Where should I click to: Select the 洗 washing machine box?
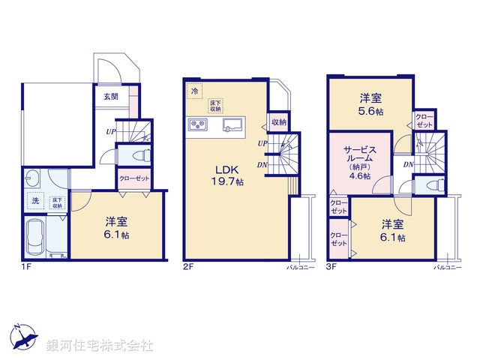[x=35, y=201]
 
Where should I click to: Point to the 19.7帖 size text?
[x=229, y=182]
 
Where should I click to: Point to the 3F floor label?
[x=332, y=265]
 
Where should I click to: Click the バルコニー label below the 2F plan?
[x=298, y=266]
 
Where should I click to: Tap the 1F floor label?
[x=27, y=265]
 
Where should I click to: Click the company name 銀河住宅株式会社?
[x=100, y=346]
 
